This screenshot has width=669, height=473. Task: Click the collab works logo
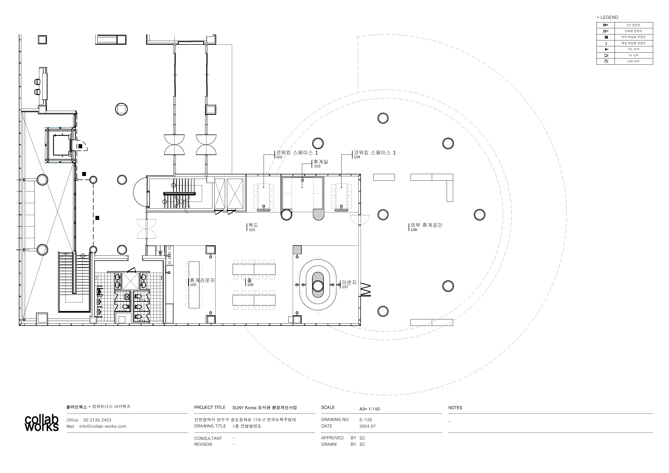(42, 423)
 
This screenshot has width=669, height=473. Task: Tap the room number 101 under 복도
(252, 230)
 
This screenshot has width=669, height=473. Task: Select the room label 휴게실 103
(320, 164)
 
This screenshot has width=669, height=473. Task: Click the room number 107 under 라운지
(345, 287)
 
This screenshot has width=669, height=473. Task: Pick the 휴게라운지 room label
(202, 280)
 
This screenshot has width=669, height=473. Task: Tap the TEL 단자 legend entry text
(633, 49)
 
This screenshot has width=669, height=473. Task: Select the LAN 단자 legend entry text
(633, 61)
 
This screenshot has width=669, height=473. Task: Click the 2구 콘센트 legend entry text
(633, 25)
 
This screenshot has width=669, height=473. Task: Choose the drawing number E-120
(366, 420)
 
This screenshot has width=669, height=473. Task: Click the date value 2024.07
(368, 426)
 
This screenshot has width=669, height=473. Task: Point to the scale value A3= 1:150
(370, 409)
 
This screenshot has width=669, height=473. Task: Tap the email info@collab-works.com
(103, 426)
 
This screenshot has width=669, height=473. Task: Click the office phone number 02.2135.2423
(97, 420)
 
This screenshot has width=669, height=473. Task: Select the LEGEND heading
(609, 18)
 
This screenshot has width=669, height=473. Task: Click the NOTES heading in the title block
(455, 408)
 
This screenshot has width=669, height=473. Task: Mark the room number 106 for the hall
(250, 285)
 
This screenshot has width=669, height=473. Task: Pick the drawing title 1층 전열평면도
(247, 426)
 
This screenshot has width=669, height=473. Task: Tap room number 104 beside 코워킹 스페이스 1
(357, 157)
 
